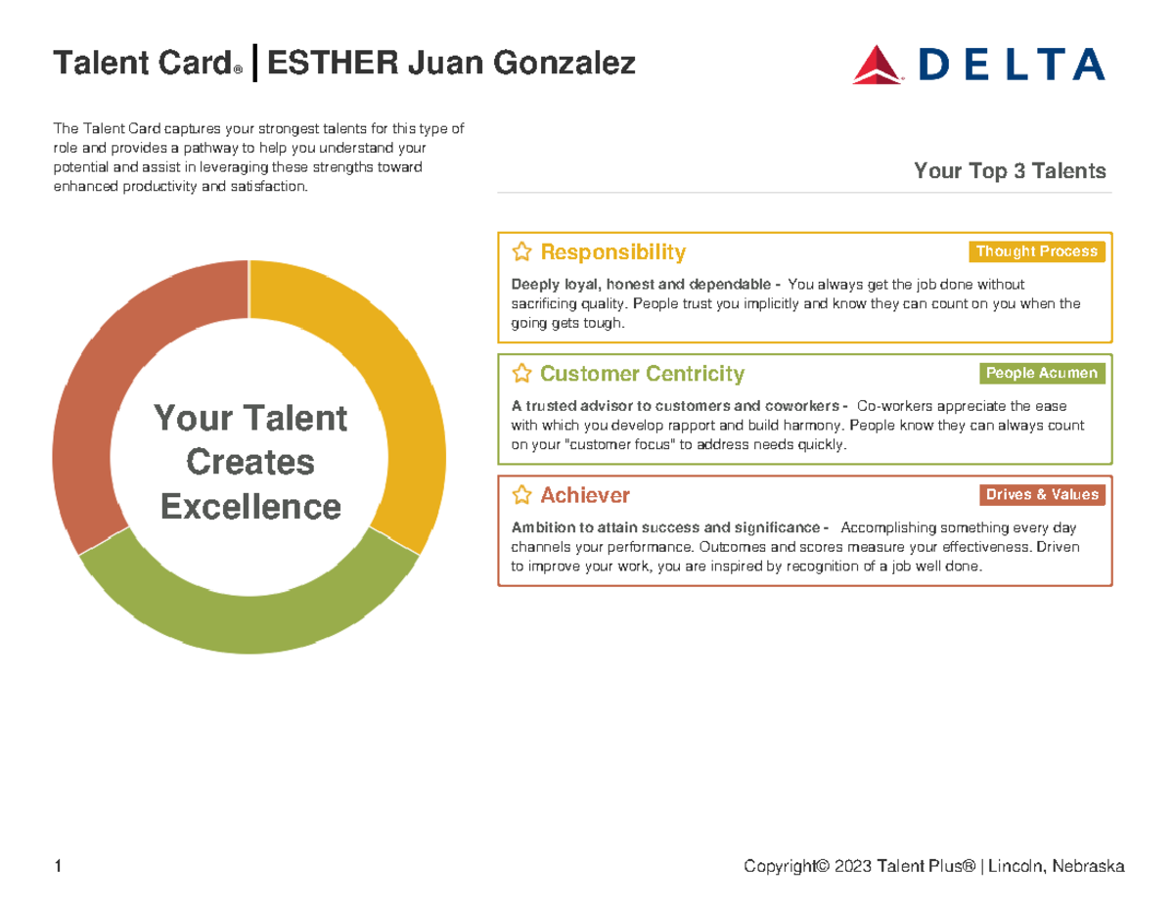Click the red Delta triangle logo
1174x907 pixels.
[878, 66]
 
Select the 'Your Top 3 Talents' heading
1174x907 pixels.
[1010, 171]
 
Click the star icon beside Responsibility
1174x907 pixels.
[522, 252]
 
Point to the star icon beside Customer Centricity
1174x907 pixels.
[522, 374]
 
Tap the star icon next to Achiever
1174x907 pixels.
[522, 495]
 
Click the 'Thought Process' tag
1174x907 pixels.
[1036, 251]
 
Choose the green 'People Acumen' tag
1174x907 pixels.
[1041, 373]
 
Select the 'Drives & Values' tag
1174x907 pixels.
[1041, 494]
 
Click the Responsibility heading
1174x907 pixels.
[612, 252]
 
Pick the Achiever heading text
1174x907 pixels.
[585, 495]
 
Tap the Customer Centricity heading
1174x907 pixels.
[642, 374]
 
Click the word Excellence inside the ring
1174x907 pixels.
[250, 507]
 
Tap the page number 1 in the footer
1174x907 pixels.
[59, 866]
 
